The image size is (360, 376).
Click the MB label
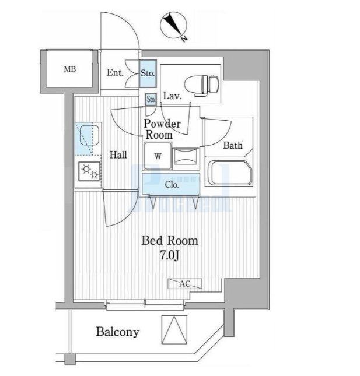tap(69, 69)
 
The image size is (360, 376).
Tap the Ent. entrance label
tap(115, 73)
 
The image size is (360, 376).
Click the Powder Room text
tap(162, 129)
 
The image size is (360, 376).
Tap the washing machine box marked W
tap(158, 156)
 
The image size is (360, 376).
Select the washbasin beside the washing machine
tap(186, 157)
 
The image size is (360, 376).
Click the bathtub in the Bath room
tap(230, 173)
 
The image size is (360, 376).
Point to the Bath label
tap(233, 145)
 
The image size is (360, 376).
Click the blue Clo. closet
tap(172, 185)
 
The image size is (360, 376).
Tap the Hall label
tap(118, 155)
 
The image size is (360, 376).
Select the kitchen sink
tap(87, 138)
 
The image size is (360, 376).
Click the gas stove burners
tap(90, 171)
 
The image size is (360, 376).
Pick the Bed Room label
tap(170, 240)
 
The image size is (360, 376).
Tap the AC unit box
tap(185, 284)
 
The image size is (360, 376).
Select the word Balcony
tap(117, 332)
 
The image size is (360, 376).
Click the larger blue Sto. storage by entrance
tap(148, 73)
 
